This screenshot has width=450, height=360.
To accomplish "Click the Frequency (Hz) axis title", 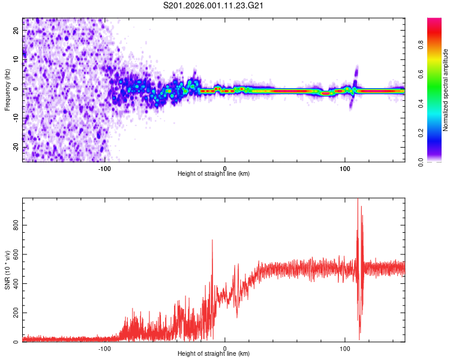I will (7, 90).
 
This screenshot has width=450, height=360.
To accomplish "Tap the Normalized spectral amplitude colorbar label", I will (446, 90).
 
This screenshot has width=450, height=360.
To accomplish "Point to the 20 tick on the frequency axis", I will (16, 31).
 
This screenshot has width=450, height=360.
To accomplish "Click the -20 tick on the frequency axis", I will (15, 148).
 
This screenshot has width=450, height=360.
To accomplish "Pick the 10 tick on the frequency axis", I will (16, 60).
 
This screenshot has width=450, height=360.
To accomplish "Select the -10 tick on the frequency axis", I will (15, 119).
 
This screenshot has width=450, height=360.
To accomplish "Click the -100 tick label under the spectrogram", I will (104, 167).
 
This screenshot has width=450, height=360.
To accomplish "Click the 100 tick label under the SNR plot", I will (345, 348).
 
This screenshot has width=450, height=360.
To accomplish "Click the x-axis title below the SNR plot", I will (214, 355).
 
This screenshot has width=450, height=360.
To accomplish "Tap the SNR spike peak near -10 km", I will (212, 240).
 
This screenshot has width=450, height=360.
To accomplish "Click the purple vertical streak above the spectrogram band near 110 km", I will (356, 75).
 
